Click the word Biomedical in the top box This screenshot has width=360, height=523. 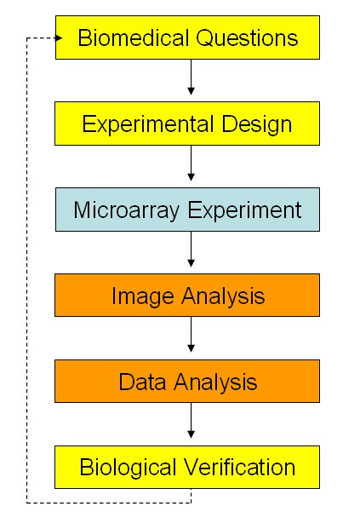134,37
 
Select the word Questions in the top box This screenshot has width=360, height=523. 247,38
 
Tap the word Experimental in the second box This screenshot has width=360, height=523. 148,124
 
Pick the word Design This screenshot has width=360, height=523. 257,125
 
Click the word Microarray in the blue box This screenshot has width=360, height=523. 127,210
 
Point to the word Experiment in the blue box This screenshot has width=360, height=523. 244,210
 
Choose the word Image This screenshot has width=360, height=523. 143,296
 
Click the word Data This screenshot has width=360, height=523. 142,382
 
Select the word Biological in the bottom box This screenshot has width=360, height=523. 128,468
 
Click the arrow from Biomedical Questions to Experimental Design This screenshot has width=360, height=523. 191,77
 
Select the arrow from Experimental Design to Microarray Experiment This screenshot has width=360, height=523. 191,163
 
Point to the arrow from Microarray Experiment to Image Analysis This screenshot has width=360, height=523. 191,250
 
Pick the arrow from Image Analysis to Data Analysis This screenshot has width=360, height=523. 191,334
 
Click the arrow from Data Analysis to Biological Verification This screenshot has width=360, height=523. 191,420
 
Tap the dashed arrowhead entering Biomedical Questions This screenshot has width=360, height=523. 59,37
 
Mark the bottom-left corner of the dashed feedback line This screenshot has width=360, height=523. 26,503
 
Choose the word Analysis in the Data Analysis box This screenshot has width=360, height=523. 215,382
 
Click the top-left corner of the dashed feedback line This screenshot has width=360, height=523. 26,38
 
